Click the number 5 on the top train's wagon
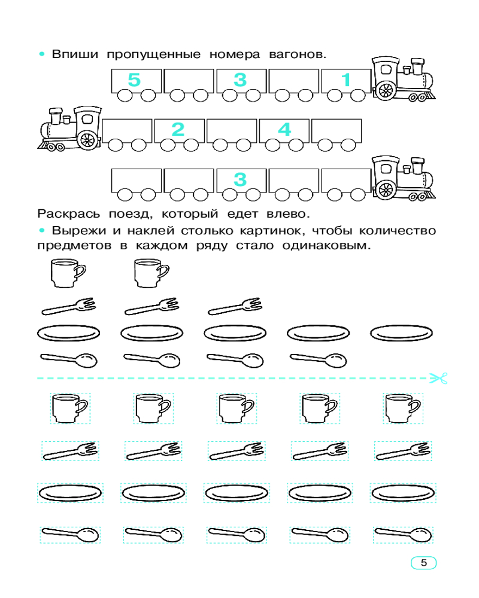[x=134, y=80]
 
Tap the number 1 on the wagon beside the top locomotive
[x=345, y=80]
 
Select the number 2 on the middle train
[x=178, y=129]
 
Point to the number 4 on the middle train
[x=284, y=129]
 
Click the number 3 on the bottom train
[x=240, y=179]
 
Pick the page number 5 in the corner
[x=423, y=563]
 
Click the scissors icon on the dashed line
[x=438, y=379]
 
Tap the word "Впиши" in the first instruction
[x=75, y=54]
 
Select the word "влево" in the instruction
[x=288, y=213]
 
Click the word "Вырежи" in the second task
[x=78, y=231]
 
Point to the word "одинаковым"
[x=326, y=245]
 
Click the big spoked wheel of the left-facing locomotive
[x=87, y=140]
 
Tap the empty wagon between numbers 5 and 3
[x=189, y=85]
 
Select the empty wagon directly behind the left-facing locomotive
[x=127, y=135]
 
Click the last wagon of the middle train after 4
[x=336, y=135]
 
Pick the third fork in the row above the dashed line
[x=235, y=307]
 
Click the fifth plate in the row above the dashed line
[x=401, y=333]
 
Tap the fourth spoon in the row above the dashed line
[x=318, y=360]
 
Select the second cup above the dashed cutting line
[x=151, y=273]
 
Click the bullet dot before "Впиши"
[x=42, y=54]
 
